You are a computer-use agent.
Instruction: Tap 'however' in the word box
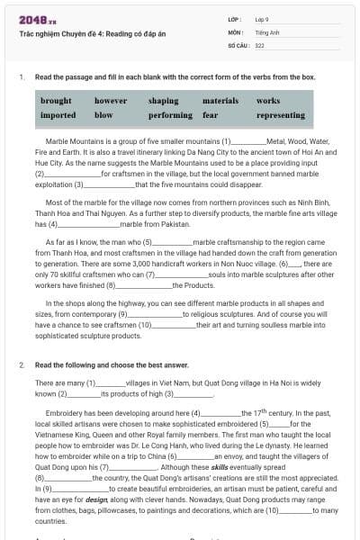(x=111, y=102)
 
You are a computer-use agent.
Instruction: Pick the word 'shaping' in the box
(x=163, y=102)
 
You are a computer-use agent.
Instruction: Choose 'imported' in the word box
(x=58, y=115)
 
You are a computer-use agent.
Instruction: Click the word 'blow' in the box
(x=103, y=115)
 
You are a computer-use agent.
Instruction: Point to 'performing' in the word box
(x=170, y=115)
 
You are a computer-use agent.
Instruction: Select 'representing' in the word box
(x=280, y=115)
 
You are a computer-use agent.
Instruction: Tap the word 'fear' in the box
(x=211, y=115)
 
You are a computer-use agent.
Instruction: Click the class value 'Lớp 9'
(x=262, y=18)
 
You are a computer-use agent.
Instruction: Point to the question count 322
(x=259, y=43)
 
